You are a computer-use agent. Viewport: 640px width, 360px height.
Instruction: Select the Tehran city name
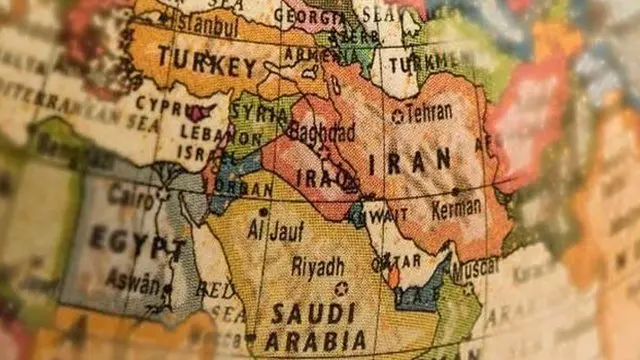[x=430, y=113]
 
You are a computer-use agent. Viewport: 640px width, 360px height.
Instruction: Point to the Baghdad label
[x=321, y=132]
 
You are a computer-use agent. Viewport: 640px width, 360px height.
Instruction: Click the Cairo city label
[x=130, y=195]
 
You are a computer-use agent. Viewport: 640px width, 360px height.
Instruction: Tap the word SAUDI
[x=300, y=311]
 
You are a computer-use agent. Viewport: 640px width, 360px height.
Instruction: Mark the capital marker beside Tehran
[x=397, y=115]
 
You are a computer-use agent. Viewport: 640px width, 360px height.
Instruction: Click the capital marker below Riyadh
[x=340, y=288]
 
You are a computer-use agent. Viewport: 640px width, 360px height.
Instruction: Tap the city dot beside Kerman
[x=455, y=191]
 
